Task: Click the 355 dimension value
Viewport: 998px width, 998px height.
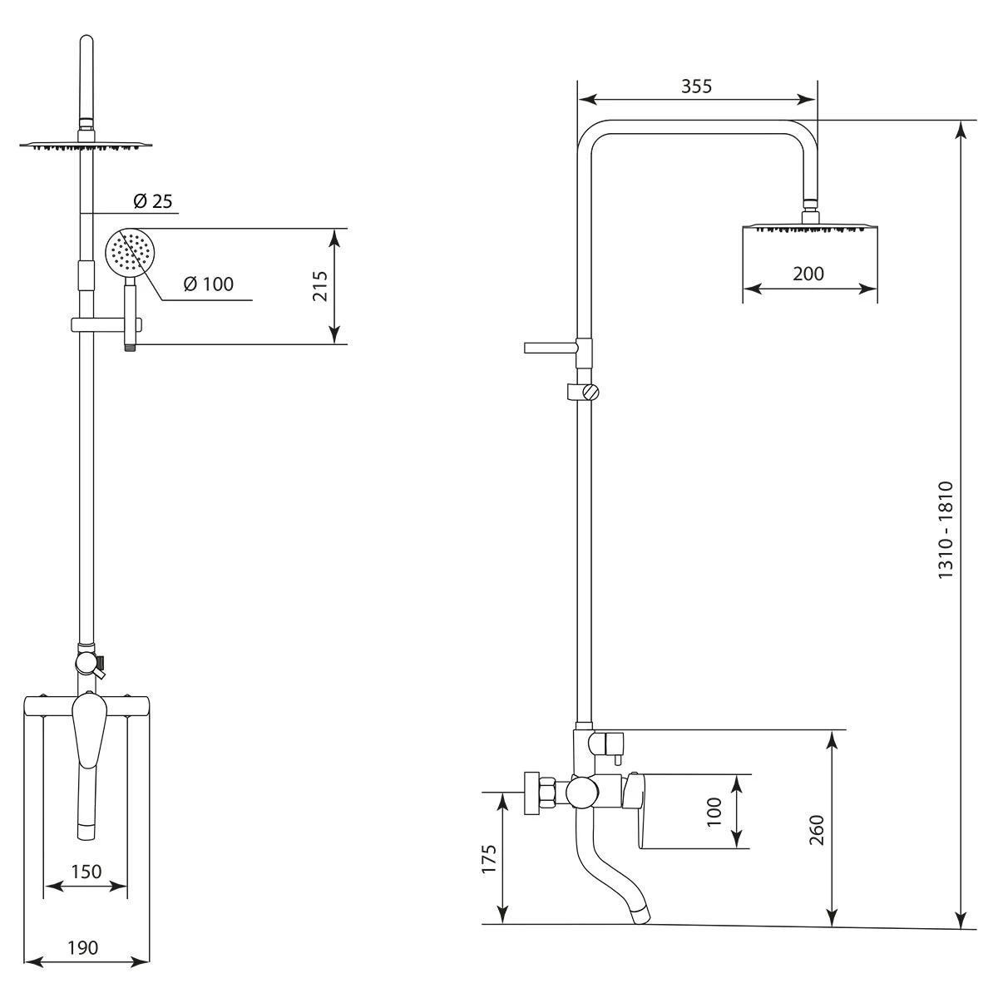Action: (x=697, y=86)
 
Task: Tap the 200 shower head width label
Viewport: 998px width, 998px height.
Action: (x=808, y=274)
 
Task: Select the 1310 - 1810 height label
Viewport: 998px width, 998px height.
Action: (x=946, y=530)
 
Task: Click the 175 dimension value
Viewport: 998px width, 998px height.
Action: (x=489, y=859)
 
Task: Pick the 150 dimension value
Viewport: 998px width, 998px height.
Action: (x=86, y=872)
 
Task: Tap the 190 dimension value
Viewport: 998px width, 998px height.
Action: (x=83, y=948)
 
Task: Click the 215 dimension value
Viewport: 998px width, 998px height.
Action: (x=320, y=286)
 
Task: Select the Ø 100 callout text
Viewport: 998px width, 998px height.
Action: (x=209, y=284)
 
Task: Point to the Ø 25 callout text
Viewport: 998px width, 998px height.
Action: (x=153, y=201)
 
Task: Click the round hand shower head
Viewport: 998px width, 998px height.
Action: (x=130, y=254)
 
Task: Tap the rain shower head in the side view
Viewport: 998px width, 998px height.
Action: (x=810, y=228)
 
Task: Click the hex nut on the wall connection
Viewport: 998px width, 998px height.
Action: (x=546, y=792)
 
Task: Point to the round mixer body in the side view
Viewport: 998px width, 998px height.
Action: (x=582, y=792)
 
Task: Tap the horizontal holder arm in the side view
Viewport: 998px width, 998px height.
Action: (x=551, y=347)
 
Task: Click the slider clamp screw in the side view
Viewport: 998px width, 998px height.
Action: (x=590, y=393)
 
